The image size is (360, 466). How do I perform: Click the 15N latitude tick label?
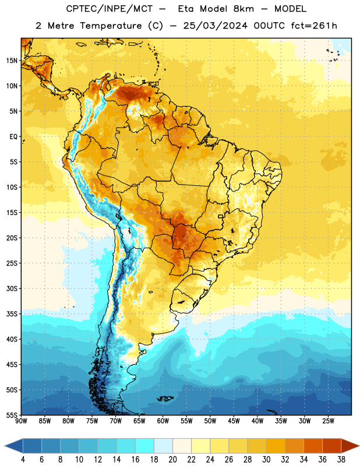[12, 61]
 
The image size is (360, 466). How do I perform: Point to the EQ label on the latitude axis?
[13, 137]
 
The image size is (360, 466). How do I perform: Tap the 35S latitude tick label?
[12, 314]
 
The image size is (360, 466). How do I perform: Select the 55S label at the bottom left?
[12, 415]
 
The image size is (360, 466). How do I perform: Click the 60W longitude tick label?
[163, 421]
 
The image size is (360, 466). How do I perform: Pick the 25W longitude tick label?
[328, 421]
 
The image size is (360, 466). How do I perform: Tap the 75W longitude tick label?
[92, 421]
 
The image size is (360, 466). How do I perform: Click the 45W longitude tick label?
[234, 421]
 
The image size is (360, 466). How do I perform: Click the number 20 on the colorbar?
[172, 460]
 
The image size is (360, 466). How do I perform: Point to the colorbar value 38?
[341, 460]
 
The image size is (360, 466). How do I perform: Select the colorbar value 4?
[23, 460]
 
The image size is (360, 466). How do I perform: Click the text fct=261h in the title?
[314, 26]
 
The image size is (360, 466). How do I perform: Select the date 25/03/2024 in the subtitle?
[216, 26]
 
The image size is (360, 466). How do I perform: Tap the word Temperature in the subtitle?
[111, 26]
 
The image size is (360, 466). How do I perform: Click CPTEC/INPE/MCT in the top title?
[110, 9]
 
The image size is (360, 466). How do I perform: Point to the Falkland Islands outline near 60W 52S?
[165, 398]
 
